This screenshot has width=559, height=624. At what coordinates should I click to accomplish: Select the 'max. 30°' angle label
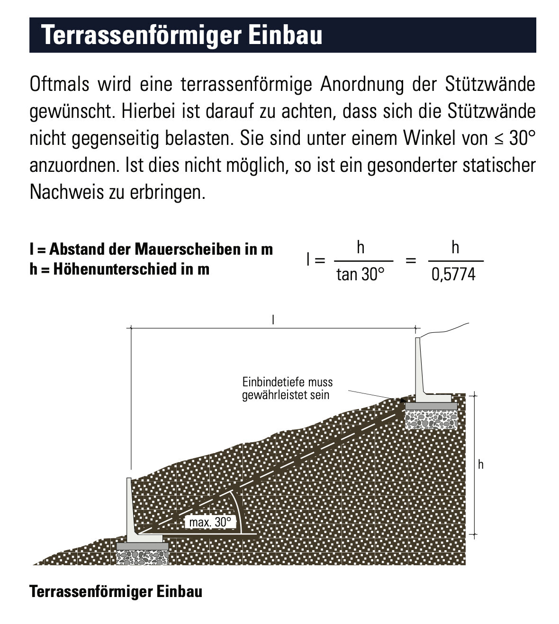click(210, 523)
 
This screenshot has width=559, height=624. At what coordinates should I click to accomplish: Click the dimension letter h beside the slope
click(480, 464)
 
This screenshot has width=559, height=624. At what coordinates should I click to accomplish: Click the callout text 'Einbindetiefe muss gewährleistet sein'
click(287, 389)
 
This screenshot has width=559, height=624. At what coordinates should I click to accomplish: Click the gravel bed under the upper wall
click(431, 419)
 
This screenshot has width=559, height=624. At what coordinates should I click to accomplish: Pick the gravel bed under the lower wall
click(142, 557)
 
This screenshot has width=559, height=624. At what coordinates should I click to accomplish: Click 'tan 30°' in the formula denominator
click(360, 274)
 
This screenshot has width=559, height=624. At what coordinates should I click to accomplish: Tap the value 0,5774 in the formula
click(453, 275)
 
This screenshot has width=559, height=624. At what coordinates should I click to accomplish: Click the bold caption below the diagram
click(116, 592)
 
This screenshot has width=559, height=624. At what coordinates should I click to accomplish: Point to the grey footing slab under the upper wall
click(431, 406)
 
